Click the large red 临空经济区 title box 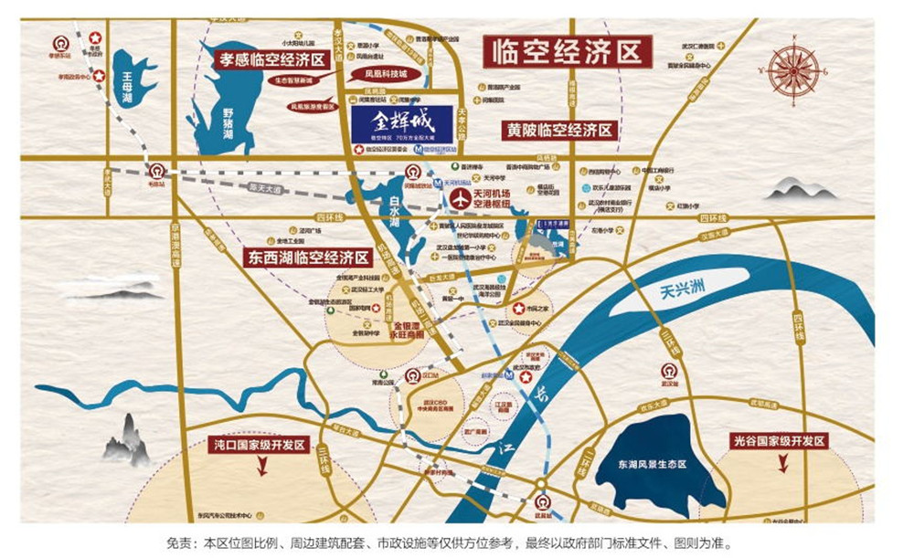pyautogui.click(x=567, y=51)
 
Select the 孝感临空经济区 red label pyautogui.click(x=271, y=60)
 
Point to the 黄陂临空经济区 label pyautogui.click(x=559, y=131)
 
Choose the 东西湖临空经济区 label pyautogui.click(x=307, y=258)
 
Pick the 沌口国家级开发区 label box pyautogui.click(x=259, y=447)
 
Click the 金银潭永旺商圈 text pyautogui.click(x=411, y=330)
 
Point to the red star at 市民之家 pyautogui.click(x=518, y=308)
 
